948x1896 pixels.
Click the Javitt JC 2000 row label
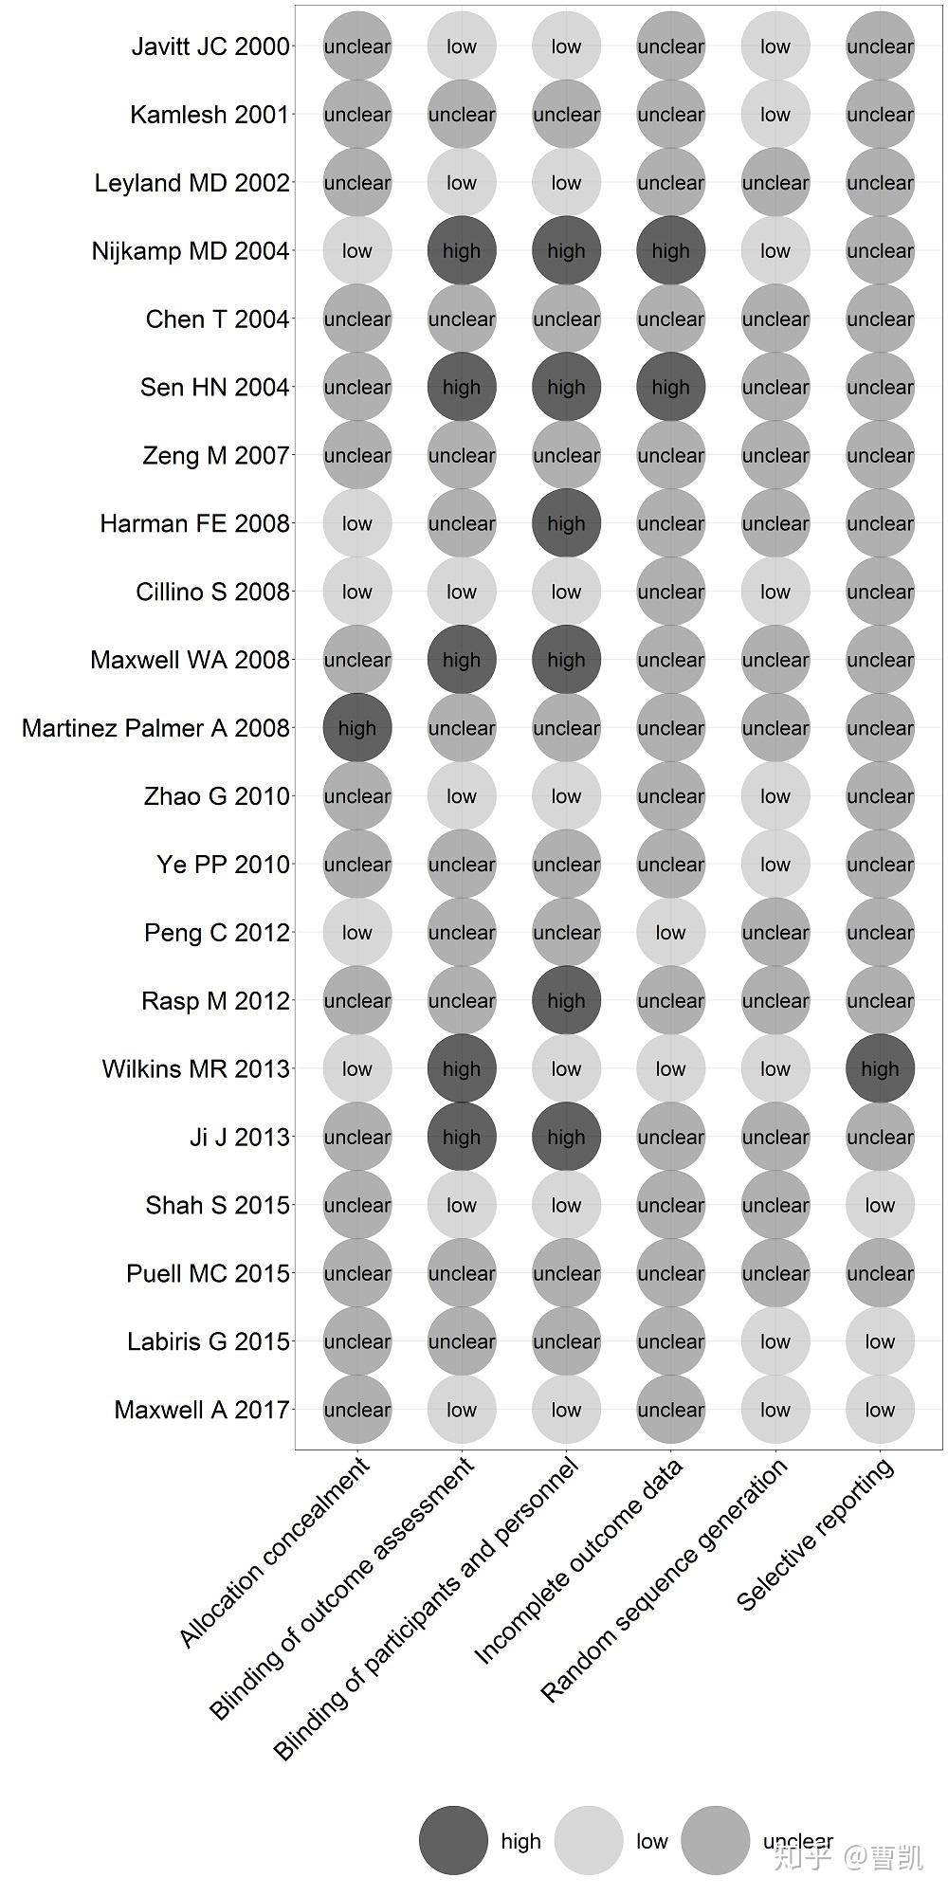pos(210,46)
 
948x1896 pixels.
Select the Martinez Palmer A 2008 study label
pos(155,728)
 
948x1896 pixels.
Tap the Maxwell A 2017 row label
pos(201,1410)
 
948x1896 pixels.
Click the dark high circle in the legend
pos(453,1840)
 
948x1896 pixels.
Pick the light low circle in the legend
pos(589,1840)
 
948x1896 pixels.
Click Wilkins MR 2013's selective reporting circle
pos(880,1069)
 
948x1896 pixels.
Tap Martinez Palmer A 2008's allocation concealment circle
pos(357,728)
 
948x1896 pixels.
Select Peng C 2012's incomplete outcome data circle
pos(670,933)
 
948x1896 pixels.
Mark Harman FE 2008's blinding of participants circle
pos(566,523)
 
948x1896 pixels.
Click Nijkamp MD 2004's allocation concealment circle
pos(357,251)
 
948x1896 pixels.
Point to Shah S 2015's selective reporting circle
pos(880,1205)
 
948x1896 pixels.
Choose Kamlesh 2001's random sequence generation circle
pos(775,115)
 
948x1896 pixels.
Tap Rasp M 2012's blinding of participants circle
pos(566,1001)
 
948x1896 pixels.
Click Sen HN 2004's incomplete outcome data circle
pos(670,387)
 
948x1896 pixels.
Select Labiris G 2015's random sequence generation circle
pos(775,1341)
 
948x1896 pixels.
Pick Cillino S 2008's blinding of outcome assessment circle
pos(462,592)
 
